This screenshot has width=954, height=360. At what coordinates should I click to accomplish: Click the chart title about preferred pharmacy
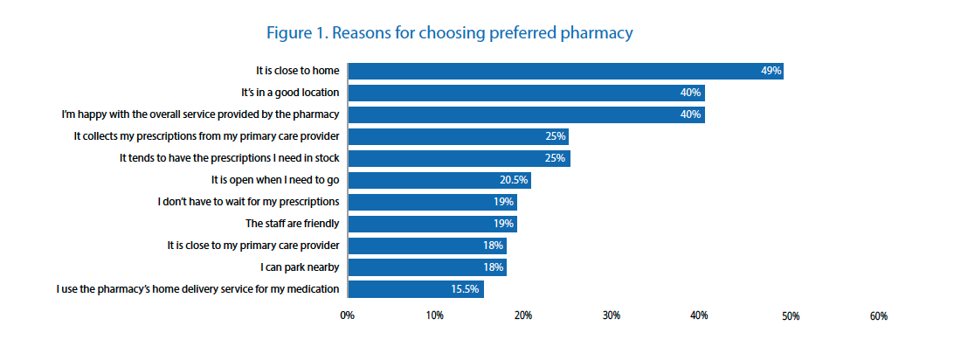click(450, 34)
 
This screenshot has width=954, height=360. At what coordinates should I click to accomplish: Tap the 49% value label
click(770, 71)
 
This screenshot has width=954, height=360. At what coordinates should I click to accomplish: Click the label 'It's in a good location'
click(290, 93)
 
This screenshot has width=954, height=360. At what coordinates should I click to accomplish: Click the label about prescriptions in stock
click(229, 158)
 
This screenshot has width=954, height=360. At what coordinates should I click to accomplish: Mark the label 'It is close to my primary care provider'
click(252, 246)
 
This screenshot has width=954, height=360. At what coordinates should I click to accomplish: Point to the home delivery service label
click(197, 289)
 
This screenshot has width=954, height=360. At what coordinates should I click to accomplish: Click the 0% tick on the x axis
click(347, 315)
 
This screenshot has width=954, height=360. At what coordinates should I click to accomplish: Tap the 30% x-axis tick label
click(612, 315)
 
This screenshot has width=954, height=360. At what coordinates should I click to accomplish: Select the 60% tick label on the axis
click(878, 315)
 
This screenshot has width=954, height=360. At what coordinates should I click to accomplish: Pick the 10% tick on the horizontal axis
click(435, 315)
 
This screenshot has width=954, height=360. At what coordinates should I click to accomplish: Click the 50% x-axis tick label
click(790, 315)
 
